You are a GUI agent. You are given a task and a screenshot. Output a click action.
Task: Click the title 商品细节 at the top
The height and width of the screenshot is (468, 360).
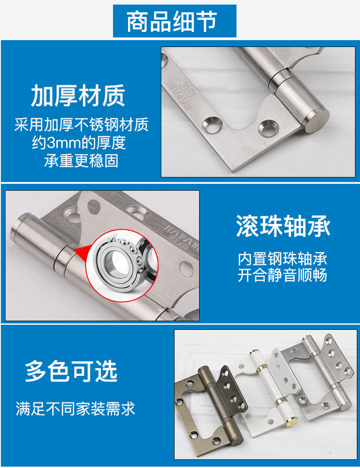172,21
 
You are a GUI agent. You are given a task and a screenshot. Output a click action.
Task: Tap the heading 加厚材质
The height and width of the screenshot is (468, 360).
78,95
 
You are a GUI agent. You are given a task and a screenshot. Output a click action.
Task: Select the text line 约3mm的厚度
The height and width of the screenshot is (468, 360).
79,143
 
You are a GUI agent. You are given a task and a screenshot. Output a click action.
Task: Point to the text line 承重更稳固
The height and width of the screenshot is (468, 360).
81,161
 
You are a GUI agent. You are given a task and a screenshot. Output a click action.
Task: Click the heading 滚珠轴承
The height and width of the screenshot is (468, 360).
283,226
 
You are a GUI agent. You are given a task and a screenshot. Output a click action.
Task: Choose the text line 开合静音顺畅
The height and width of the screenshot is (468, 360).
283,275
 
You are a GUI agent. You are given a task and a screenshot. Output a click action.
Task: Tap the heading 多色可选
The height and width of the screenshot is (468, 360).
71,371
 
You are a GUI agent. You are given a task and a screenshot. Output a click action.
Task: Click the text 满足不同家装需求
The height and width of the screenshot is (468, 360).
76,409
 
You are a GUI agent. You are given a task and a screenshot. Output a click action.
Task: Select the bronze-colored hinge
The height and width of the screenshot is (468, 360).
211,407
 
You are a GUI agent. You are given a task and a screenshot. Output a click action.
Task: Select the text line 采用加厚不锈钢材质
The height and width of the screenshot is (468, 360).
82,125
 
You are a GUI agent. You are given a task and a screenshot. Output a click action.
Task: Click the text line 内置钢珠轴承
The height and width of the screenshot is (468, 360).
283,259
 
